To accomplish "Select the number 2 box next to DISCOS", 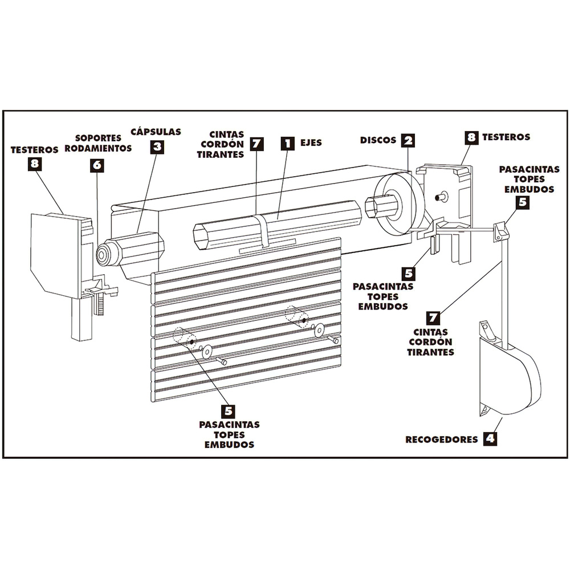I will tap(408, 140).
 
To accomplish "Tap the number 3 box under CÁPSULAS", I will tap(157, 147).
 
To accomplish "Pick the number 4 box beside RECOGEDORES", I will tap(489, 439).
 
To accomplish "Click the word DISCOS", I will tap(378, 140).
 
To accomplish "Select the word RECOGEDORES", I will tap(441, 439).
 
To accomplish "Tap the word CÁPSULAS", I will tap(156, 132).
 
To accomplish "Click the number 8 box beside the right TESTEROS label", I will tap(471, 137).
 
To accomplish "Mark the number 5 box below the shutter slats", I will tap(229, 410).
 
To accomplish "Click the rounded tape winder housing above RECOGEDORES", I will tap(510, 379).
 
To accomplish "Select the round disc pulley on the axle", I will tap(399, 206).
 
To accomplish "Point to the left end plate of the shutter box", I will tap(54, 254).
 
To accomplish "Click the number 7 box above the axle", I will tap(257, 143).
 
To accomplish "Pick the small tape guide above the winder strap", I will tap(500, 230).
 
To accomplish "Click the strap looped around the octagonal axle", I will tap(263, 230).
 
